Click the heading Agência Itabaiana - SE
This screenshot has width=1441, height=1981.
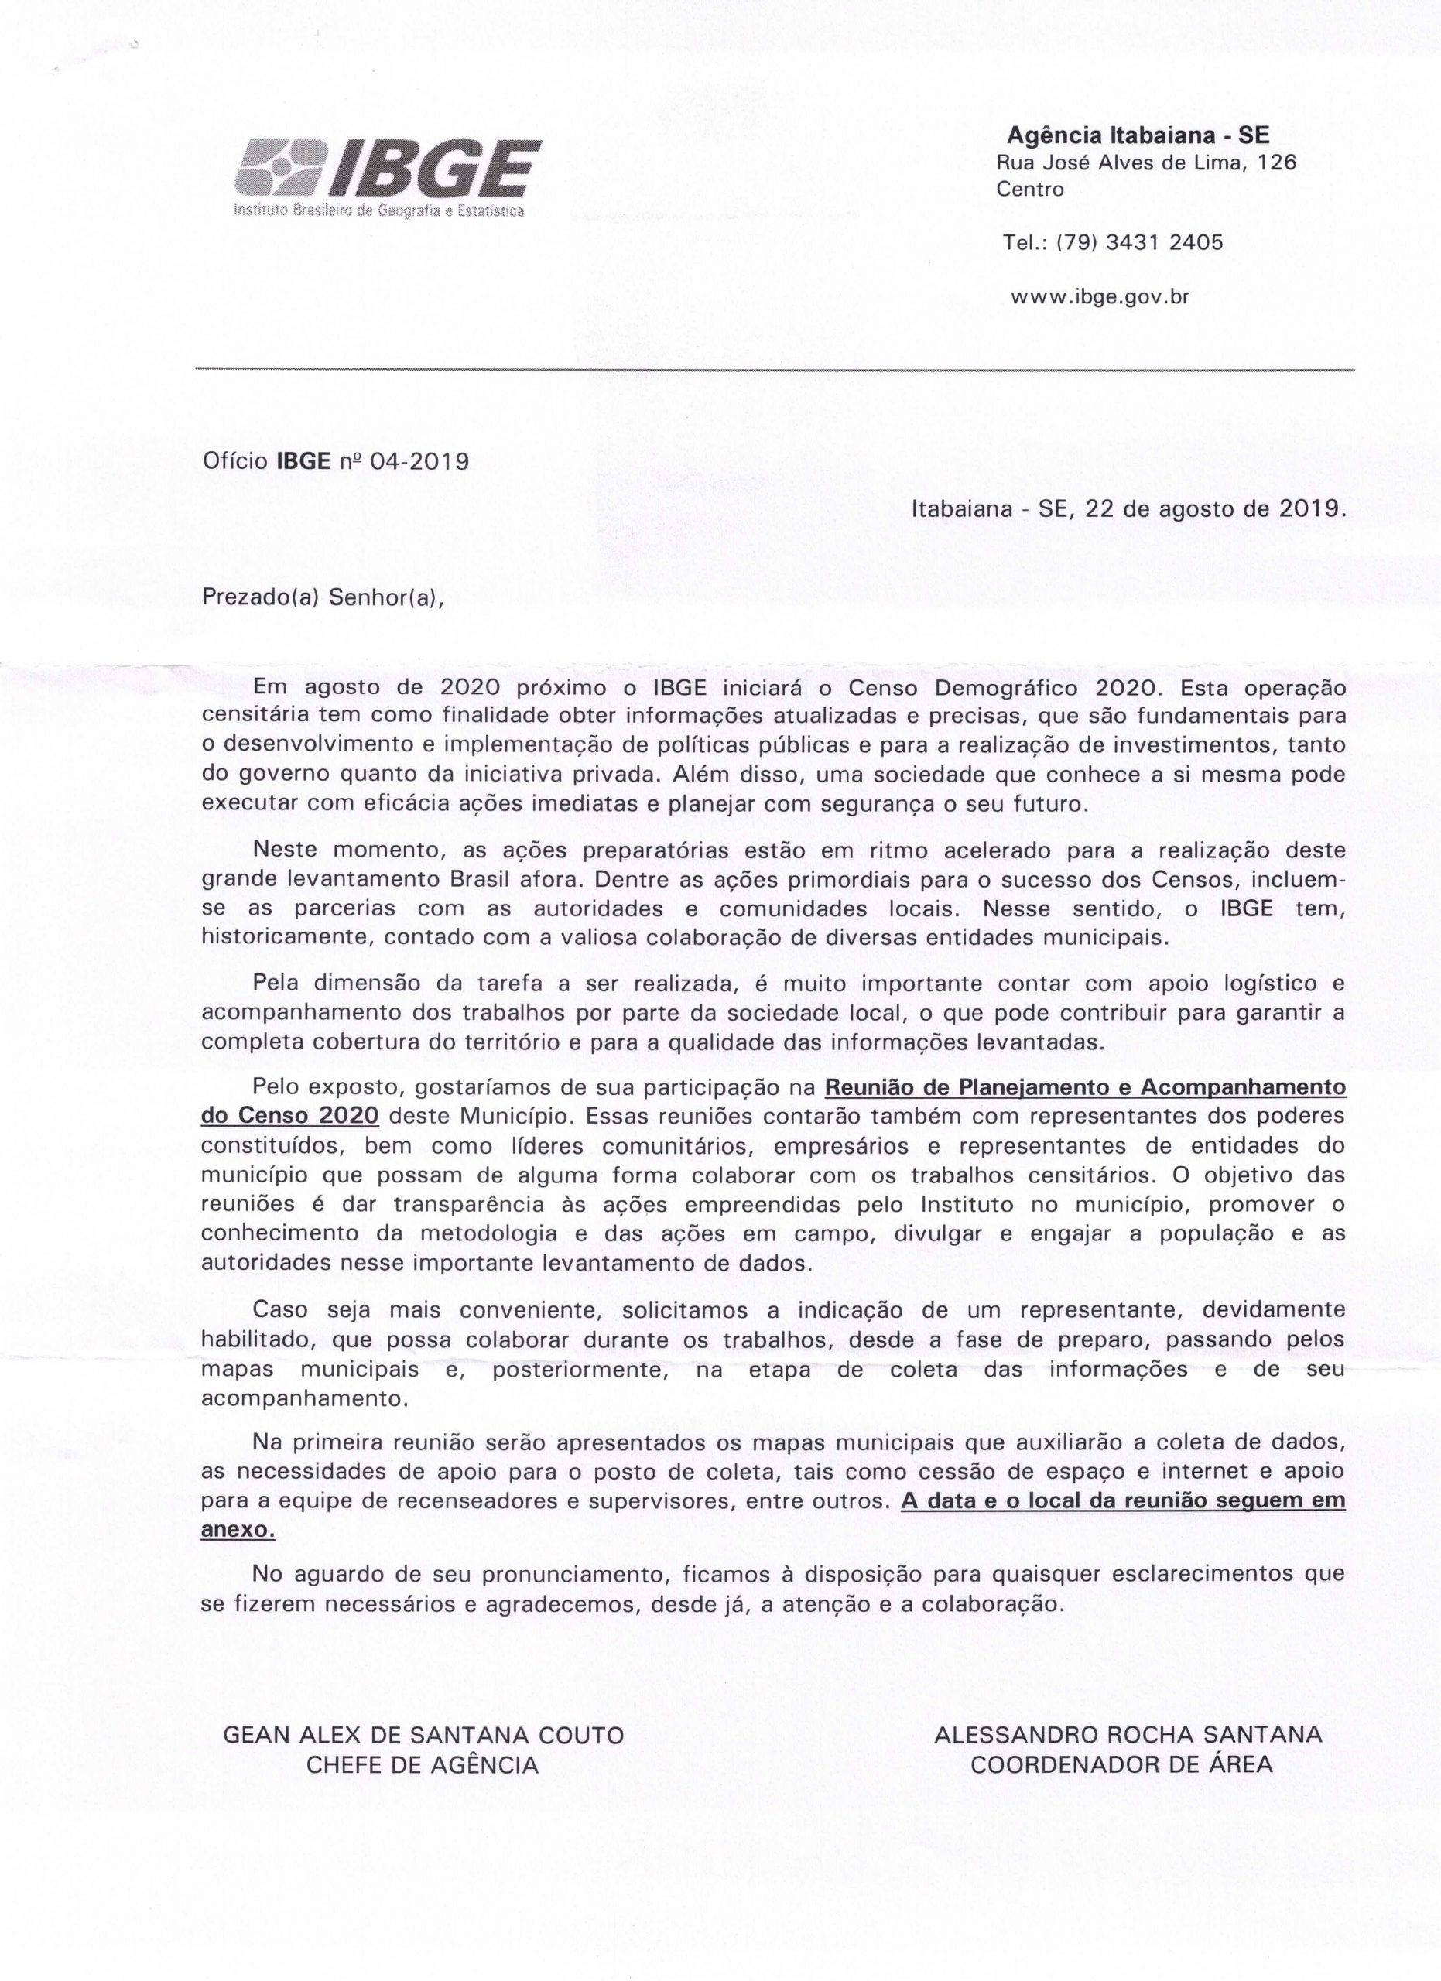pyautogui.click(x=1138, y=135)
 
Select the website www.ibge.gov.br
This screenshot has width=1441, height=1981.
pyautogui.click(x=1100, y=297)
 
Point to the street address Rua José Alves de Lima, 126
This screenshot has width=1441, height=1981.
pyautogui.click(x=1146, y=163)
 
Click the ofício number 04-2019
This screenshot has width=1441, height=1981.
pyautogui.click(x=420, y=461)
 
